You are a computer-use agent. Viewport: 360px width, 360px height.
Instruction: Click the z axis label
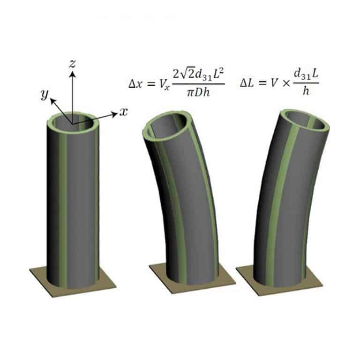click(x=73, y=64)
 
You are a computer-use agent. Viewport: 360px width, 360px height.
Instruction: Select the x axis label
click(x=123, y=112)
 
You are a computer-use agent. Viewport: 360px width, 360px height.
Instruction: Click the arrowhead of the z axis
click(x=73, y=74)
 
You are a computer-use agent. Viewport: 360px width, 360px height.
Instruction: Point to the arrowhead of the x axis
click(x=114, y=114)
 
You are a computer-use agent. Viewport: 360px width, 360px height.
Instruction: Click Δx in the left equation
click(x=135, y=84)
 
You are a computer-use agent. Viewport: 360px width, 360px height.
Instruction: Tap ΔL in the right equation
click(x=247, y=83)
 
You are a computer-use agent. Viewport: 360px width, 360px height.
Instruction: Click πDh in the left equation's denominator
click(x=198, y=93)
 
